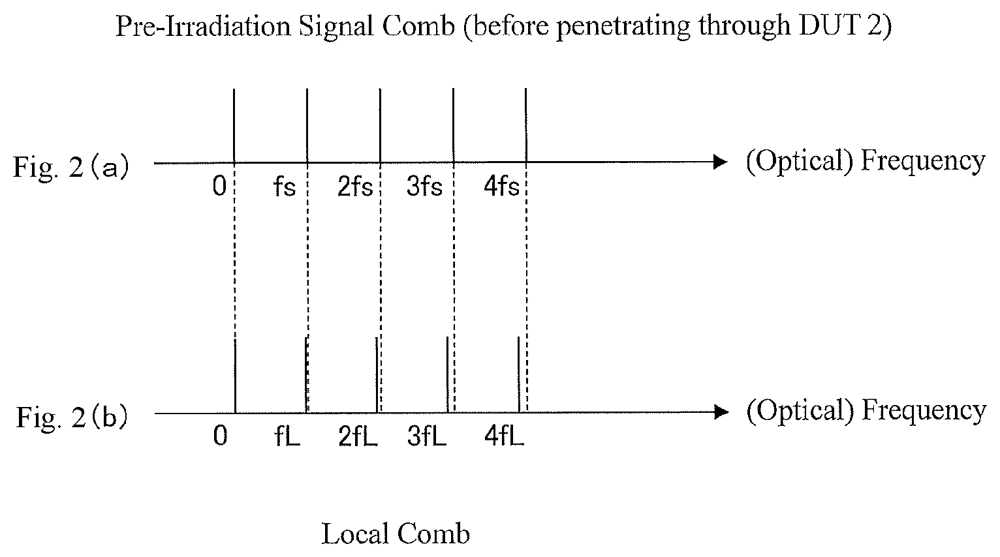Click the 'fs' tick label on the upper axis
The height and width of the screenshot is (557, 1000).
(x=285, y=186)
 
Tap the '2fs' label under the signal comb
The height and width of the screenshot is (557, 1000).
(x=355, y=186)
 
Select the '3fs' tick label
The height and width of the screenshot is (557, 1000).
(x=424, y=186)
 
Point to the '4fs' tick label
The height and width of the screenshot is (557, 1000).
(x=501, y=186)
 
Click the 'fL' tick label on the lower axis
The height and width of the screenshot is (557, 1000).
(x=287, y=436)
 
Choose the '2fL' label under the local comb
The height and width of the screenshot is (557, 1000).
(x=358, y=436)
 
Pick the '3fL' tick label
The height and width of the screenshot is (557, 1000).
(x=426, y=436)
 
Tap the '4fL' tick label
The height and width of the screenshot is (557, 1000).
(x=504, y=436)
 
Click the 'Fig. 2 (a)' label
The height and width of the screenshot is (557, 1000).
(x=71, y=167)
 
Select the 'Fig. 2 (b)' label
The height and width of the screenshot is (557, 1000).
(x=72, y=417)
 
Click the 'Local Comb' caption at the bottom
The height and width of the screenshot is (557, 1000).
(x=396, y=534)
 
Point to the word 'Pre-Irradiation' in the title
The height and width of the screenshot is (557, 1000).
(x=203, y=25)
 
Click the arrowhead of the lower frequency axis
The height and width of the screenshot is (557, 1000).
(x=722, y=412)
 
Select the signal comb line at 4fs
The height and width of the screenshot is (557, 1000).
(x=526, y=125)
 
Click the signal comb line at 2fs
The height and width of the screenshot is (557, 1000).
(x=380, y=125)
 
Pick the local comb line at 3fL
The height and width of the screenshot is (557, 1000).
(x=447, y=374)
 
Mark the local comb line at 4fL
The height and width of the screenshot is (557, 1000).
(x=518, y=374)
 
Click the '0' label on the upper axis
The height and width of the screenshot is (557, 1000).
(x=219, y=187)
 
